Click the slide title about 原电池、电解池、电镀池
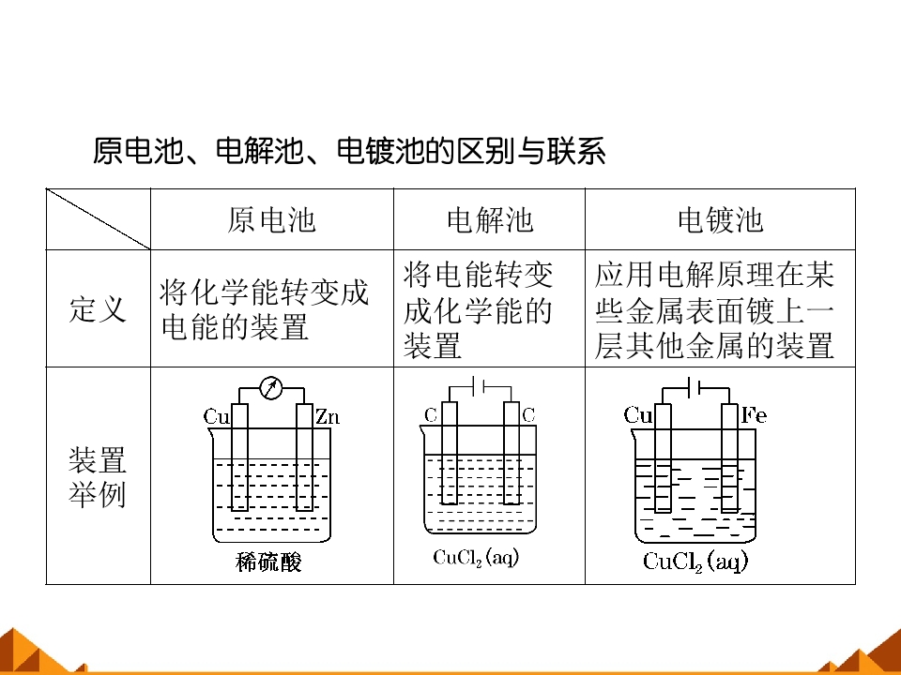pyautogui.click(x=349, y=151)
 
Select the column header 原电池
pyautogui.click(x=272, y=219)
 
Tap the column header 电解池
pyautogui.click(x=490, y=219)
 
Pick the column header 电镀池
pyautogui.click(x=720, y=219)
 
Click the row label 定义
pyautogui.click(x=98, y=308)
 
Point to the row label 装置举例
pyautogui.click(x=97, y=477)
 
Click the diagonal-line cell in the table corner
pyautogui.click(x=99, y=219)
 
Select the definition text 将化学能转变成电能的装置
pyautogui.click(x=264, y=309)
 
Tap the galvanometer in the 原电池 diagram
pyautogui.click(x=270, y=388)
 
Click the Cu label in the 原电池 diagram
pyautogui.click(x=216, y=416)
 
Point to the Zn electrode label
pyautogui.click(x=328, y=416)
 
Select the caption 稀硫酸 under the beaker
pyautogui.click(x=268, y=562)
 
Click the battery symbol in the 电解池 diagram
pyautogui.click(x=478, y=386)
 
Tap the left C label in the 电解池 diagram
pyautogui.click(x=431, y=415)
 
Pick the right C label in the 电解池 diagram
pyautogui.click(x=528, y=414)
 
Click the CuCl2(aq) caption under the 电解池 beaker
pyautogui.click(x=476, y=557)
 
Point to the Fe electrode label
pyautogui.click(x=754, y=414)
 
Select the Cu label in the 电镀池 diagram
pyautogui.click(x=638, y=414)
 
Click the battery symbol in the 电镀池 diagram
pyautogui.click(x=694, y=388)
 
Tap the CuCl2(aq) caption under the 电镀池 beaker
pyautogui.click(x=695, y=562)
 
